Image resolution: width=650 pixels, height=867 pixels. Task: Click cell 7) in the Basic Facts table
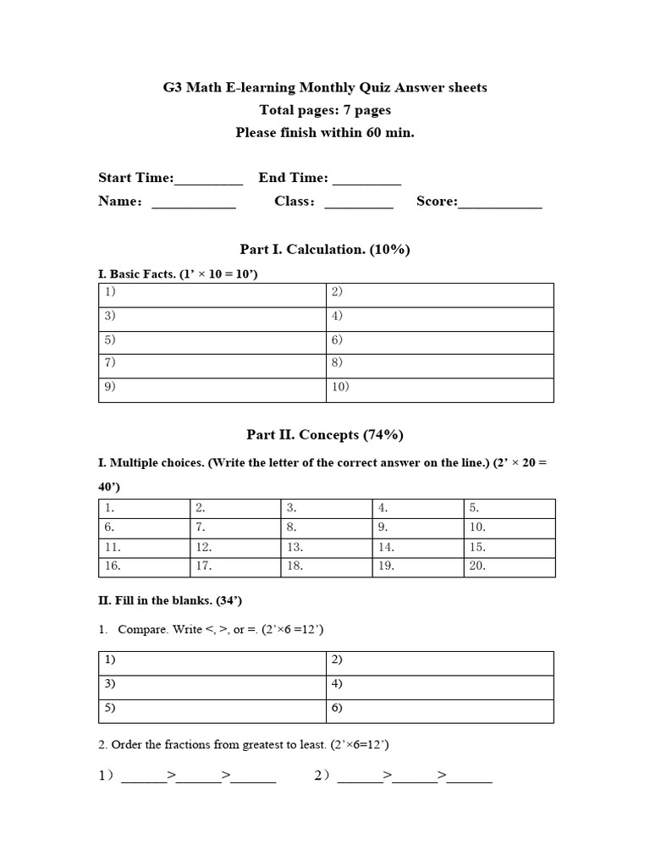coord(212,366)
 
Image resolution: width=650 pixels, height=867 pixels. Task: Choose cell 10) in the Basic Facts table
coord(440,389)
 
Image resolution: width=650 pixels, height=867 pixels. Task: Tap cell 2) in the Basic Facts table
coord(440,295)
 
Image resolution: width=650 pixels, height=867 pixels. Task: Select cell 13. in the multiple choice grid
coord(326,548)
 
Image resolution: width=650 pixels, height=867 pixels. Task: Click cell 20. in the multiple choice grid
coord(510,567)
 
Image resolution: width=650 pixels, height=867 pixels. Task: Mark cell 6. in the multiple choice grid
coord(144,528)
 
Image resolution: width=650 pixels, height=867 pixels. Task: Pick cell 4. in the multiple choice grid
coord(418,509)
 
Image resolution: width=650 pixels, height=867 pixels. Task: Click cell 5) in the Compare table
coord(212,711)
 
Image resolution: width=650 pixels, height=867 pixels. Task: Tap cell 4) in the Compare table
coord(440,687)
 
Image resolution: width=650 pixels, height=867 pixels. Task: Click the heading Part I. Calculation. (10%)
coord(325,249)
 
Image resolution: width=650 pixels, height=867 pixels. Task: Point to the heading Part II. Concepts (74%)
coord(325,435)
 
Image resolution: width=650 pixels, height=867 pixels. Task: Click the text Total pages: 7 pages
coord(325,110)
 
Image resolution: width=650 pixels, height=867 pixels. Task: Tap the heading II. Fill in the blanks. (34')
coord(171,601)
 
